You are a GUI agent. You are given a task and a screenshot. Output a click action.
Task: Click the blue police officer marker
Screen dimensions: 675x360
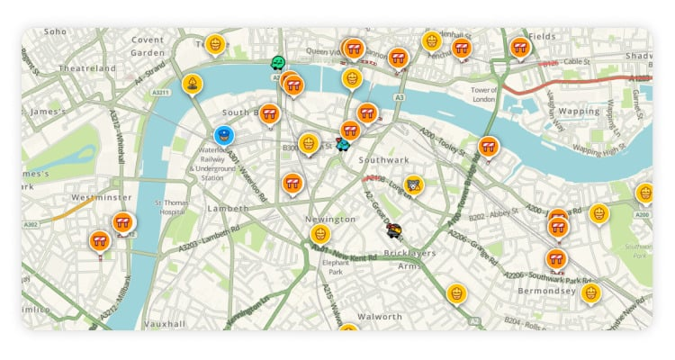225,135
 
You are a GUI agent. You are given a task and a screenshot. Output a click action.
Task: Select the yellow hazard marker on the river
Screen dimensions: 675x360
193,85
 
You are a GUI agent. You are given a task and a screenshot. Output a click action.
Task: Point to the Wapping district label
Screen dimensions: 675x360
579,112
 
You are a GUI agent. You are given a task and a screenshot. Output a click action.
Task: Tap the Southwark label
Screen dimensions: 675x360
384,160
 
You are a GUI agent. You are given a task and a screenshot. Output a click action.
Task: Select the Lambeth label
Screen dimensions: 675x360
228,208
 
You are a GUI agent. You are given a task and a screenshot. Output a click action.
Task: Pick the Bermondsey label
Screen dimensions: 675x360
546,291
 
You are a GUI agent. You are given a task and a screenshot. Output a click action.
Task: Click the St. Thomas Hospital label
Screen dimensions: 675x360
170,208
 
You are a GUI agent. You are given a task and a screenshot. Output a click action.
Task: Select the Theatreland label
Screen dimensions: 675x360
87,67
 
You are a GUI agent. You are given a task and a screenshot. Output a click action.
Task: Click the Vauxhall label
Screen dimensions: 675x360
165,323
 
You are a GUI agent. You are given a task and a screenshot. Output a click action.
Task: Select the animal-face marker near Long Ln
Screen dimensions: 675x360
413,185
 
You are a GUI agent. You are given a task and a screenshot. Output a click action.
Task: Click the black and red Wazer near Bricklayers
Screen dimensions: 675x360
394,231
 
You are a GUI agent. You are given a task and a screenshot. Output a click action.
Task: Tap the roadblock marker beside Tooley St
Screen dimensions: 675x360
488,146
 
